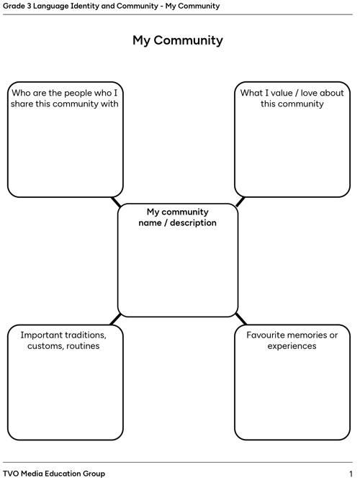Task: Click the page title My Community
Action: (178, 40)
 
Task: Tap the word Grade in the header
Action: (14, 6)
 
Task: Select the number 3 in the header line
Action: (29, 6)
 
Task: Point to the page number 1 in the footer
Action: (351, 474)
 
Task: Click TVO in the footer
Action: (10, 474)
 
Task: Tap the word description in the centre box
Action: (193, 223)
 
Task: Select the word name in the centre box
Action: (150, 223)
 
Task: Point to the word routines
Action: (83, 346)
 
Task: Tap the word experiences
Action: (292, 346)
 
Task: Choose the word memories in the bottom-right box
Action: (308, 335)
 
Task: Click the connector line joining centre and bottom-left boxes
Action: (115, 319)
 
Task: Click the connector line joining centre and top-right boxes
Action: (240, 201)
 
